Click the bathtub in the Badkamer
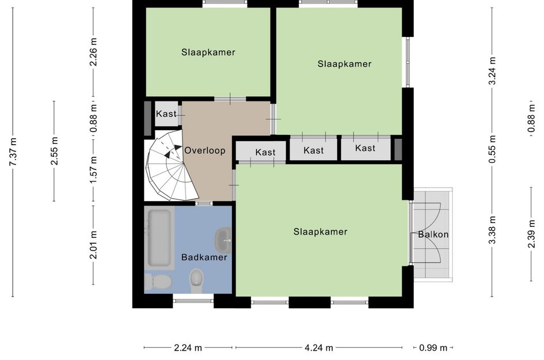point(159,238)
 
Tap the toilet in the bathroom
point(158,282)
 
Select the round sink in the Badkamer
point(223,238)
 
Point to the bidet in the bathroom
point(196,279)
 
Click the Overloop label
point(204,150)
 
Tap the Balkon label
point(433,234)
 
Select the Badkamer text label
point(204,257)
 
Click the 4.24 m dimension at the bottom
point(318,347)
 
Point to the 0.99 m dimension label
point(433,347)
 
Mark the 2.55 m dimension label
point(54,151)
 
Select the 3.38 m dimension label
point(492,230)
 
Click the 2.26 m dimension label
point(93,52)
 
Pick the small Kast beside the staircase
point(166,114)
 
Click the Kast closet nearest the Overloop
point(265,152)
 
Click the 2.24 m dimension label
point(188,347)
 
